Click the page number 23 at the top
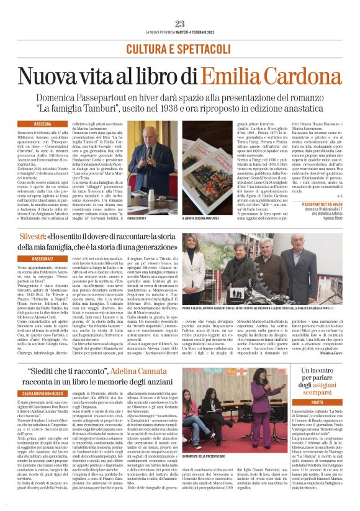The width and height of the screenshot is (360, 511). (180, 24)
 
